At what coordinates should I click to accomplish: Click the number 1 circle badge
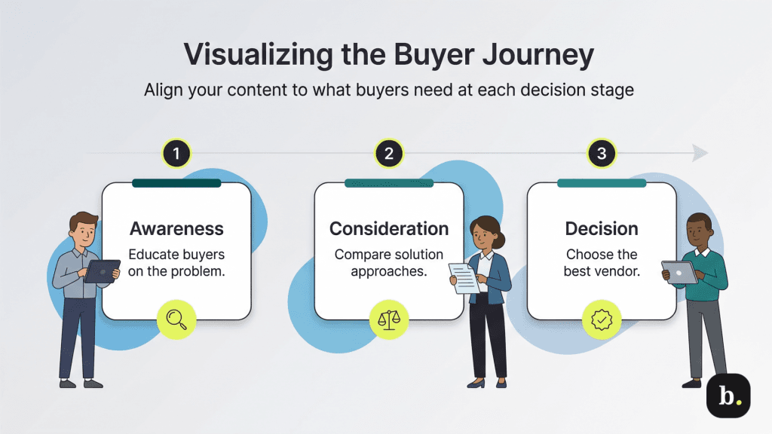coord(176,154)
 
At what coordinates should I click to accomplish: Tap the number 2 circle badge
coord(389,154)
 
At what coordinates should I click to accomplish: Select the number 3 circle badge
coord(601,154)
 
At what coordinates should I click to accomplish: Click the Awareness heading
coord(176,229)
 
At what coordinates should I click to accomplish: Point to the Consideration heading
coord(389,229)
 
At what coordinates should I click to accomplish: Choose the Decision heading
coord(601,229)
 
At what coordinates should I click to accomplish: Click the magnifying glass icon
coord(176,319)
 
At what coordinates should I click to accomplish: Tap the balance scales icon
coord(389,319)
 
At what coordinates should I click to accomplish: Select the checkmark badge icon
coord(602,319)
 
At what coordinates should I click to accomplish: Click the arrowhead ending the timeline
coord(700,154)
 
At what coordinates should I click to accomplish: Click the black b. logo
coord(728,396)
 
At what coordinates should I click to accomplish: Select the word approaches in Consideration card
coord(389,271)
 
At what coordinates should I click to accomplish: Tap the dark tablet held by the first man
coord(102,270)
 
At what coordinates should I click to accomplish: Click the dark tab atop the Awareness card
coord(176,183)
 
